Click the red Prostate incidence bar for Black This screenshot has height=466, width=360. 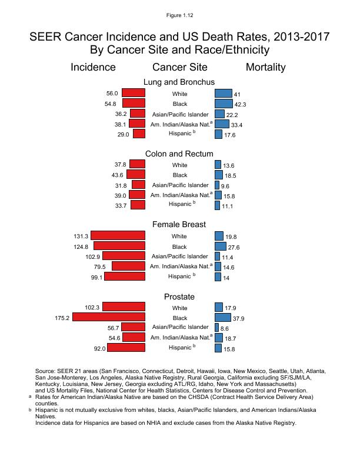coord(109,318)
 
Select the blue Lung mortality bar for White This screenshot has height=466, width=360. coord(224,93)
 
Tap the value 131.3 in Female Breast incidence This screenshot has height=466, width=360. coord(81,236)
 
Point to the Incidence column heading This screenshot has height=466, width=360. coord(93,67)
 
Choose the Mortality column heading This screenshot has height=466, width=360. coord(265,67)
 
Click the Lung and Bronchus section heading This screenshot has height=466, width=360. coord(179,82)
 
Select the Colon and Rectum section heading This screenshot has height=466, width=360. coord(179,154)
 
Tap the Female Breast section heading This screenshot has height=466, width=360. coord(179,224)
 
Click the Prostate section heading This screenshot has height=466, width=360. coord(179,297)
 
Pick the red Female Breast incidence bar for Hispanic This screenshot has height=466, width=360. coord(125,276)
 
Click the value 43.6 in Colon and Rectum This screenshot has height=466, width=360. coord(115,175)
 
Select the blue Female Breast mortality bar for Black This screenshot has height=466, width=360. coord(221,246)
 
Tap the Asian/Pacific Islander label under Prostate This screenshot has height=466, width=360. coord(180,327)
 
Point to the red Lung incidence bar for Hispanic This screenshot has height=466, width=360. coord(139,134)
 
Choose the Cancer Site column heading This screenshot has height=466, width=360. coord(179,67)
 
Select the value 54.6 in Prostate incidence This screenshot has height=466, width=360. coord(112,338)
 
